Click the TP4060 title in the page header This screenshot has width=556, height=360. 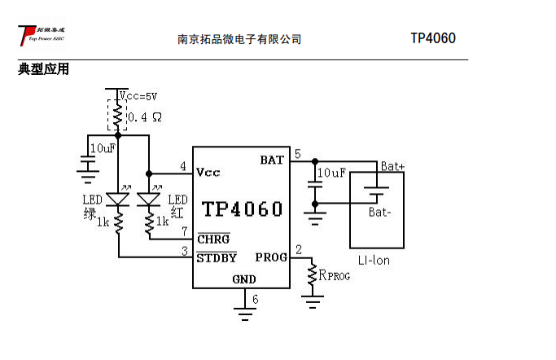(x=432, y=39)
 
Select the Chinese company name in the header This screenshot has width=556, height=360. (x=239, y=39)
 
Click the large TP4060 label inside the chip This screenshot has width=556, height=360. (x=243, y=209)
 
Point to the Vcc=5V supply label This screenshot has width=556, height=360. (x=139, y=96)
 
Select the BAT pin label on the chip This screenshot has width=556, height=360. (x=272, y=160)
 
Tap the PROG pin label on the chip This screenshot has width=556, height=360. (x=271, y=257)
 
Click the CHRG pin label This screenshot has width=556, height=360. (x=213, y=239)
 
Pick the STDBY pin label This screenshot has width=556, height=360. (x=217, y=258)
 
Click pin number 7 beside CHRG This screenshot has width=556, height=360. (x=185, y=232)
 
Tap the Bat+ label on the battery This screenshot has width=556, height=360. (x=392, y=166)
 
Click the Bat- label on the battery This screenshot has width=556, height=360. (x=380, y=213)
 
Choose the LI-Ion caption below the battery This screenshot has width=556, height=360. (x=374, y=261)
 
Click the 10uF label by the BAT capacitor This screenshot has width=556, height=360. (x=331, y=173)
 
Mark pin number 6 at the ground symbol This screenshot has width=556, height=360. (x=255, y=300)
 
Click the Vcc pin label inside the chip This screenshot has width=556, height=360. (x=208, y=173)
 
